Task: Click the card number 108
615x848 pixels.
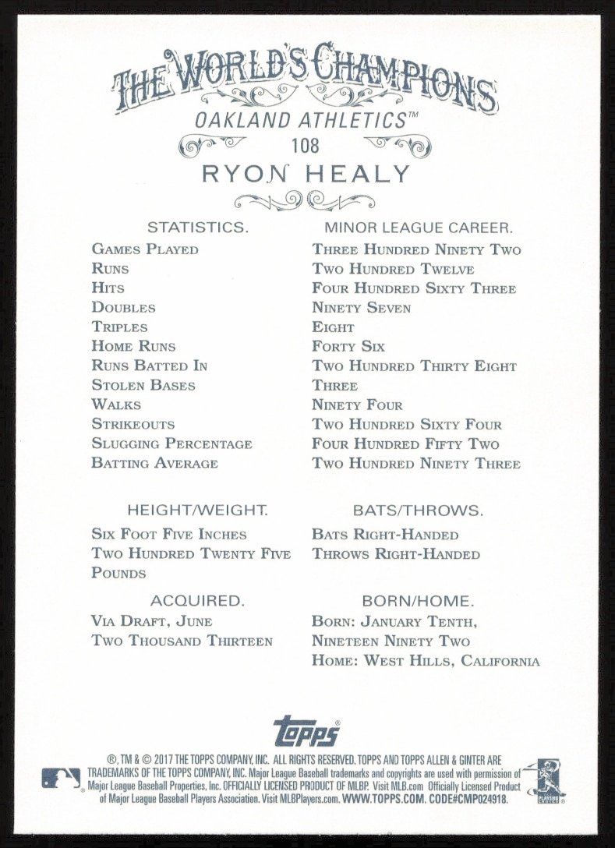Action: pos(306,145)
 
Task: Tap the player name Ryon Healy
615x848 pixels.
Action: pos(306,174)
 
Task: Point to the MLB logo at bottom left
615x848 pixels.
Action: pos(61,777)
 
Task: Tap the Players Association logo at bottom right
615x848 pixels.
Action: pos(545,779)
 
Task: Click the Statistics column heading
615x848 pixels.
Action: pos(197,228)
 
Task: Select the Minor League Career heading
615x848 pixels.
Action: pos(418,228)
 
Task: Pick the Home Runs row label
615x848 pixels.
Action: pos(133,346)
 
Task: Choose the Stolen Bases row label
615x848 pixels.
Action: pos(143,385)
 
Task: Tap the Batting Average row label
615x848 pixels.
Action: pos(154,463)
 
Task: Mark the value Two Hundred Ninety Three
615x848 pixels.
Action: pos(416,463)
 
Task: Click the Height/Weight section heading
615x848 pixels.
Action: pos(197,511)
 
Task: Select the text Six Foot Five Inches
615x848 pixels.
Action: pos(168,535)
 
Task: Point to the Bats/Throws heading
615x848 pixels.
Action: pos(418,511)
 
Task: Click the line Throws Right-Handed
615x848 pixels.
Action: pos(396,554)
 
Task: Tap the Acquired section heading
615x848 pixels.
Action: pos(197,601)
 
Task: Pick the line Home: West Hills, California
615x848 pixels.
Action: pos(426,661)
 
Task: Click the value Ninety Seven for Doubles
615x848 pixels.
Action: pos(361,308)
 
